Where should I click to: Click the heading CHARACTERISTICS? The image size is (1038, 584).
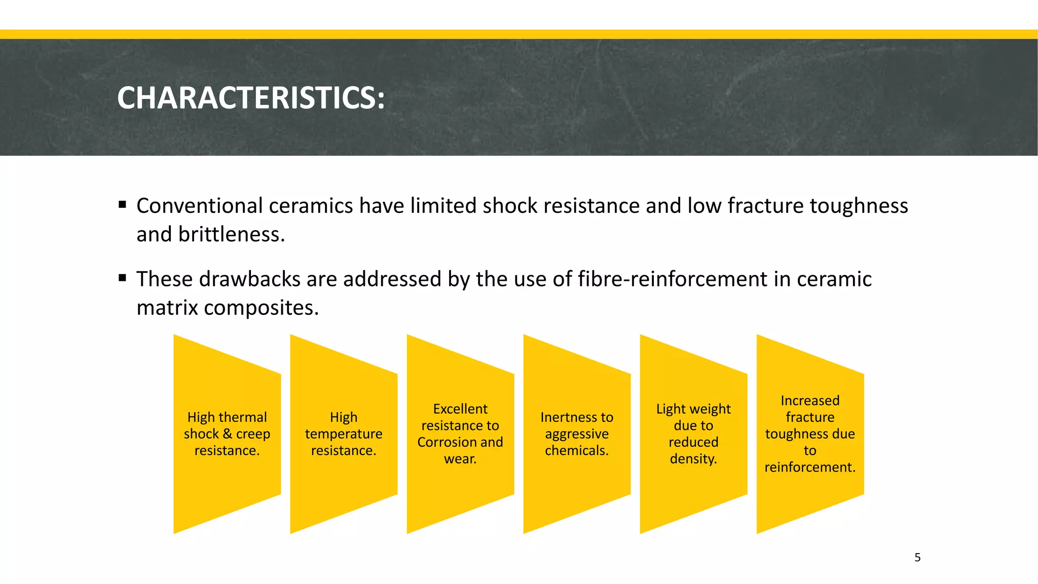click(x=251, y=97)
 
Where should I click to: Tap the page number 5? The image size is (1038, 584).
click(x=917, y=558)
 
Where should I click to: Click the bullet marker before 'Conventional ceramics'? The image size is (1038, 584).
click(x=122, y=205)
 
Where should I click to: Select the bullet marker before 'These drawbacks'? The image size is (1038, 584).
click(x=122, y=278)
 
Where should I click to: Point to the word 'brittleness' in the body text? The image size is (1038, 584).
click(x=231, y=234)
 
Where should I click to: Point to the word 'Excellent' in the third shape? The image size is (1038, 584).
click(x=460, y=409)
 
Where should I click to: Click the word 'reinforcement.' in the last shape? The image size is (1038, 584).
click(x=810, y=467)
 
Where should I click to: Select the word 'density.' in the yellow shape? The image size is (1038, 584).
click(x=693, y=459)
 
